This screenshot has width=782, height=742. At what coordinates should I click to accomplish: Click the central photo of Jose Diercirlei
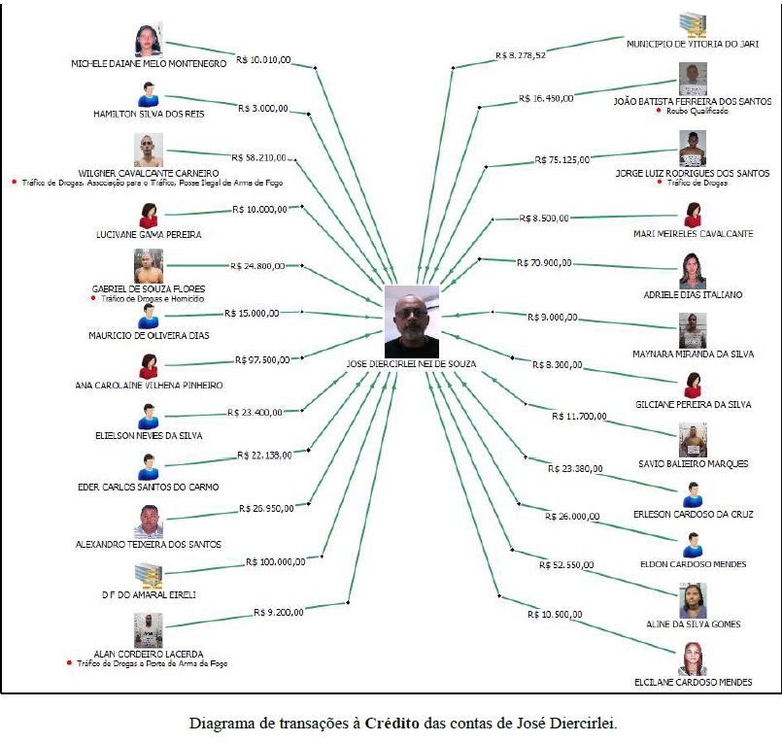412,320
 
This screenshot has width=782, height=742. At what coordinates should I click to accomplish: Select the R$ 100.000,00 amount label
276,561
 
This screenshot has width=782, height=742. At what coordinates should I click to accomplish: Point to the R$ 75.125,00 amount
562,159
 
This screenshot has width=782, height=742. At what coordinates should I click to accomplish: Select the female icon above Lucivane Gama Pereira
149,215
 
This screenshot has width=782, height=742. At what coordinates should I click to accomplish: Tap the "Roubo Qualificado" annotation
697,112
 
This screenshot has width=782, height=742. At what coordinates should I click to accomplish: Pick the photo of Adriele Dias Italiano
693,269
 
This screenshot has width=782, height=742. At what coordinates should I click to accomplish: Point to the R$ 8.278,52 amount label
521,55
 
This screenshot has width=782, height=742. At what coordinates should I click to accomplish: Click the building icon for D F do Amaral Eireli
149,574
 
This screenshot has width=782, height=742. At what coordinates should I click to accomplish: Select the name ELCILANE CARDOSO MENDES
693,682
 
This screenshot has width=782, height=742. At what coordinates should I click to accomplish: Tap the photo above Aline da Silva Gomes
693,600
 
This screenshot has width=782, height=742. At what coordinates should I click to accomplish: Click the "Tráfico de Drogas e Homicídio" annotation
149,299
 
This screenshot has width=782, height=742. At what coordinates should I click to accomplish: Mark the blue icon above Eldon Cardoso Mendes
693,544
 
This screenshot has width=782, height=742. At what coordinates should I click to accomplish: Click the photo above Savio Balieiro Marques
693,440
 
